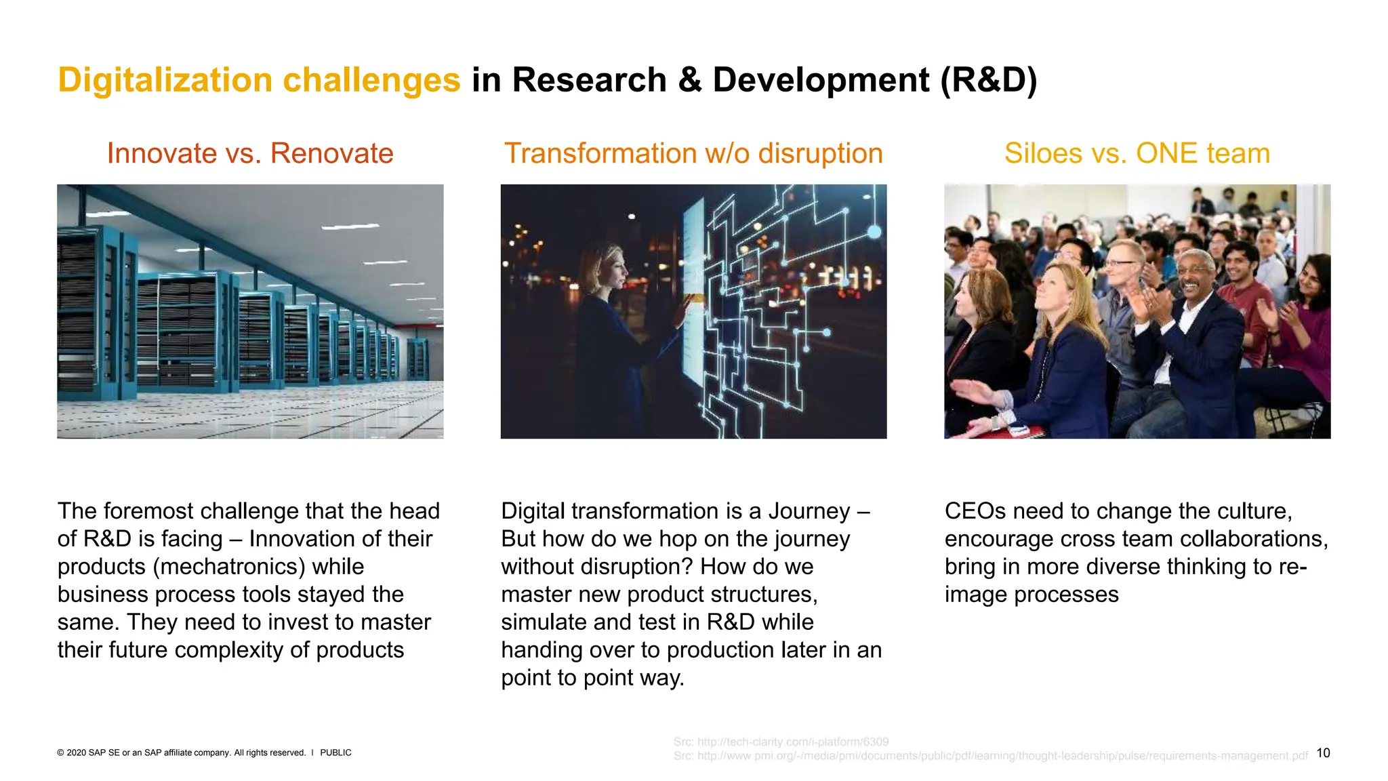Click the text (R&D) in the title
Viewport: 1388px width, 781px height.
(988, 80)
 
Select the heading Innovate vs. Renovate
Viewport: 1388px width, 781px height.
(249, 153)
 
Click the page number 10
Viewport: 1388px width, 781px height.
(1323, 753)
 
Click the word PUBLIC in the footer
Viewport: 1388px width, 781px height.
(335, 753)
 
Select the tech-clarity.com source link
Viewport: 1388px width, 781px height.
(781, 742)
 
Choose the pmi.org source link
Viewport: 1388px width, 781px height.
(989, 755)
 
